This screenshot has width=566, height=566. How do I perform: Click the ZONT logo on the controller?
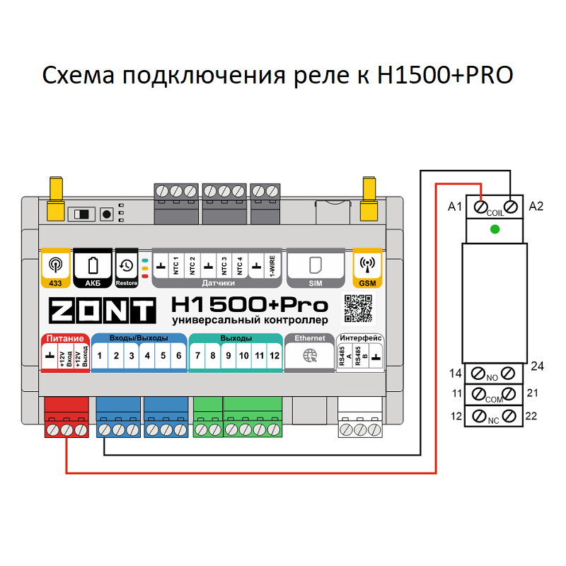(x=100, y=311)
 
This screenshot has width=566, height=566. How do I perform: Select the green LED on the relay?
(x=495, y=229)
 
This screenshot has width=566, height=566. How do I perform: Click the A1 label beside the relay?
(x=455, y=207)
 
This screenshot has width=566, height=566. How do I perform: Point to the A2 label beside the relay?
(x=536, y=207)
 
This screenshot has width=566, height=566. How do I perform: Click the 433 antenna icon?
(x=55, y=265)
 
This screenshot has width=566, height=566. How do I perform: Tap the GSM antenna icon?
(x=368, y=265)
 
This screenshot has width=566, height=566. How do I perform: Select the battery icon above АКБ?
(x=93, y=265)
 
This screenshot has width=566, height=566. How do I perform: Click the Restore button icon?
(x=127, y=265)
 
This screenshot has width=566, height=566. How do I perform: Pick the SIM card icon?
(x=316, y=265)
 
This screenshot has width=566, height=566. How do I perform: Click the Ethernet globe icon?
(x=310, y=356)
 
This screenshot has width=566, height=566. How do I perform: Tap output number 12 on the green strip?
(x=275, y=355)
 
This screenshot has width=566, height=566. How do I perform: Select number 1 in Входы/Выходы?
(x=100, y=355)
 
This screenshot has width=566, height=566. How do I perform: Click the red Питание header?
(x=65, y=338)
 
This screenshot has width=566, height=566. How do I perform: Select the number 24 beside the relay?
(x=537, y=366)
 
